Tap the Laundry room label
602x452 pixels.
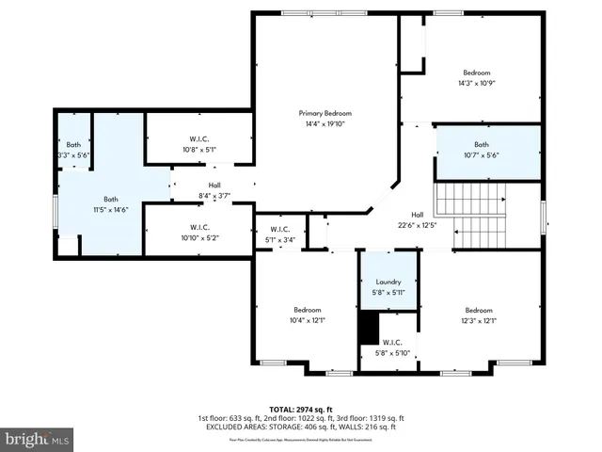388,282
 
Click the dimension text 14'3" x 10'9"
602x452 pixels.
476,84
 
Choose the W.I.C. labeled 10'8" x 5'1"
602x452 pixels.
198,143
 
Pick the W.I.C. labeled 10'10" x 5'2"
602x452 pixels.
198,233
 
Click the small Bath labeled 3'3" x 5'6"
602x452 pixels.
72,149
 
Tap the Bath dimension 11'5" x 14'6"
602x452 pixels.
111,210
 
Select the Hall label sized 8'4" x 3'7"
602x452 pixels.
214,190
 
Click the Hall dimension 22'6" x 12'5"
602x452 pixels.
418,224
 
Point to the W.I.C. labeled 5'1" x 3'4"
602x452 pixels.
279,234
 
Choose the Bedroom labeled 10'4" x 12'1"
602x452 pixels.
307,315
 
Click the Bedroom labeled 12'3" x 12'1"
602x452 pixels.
478,315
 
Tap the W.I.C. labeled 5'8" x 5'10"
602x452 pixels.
392,347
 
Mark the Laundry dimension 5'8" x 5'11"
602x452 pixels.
388,292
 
